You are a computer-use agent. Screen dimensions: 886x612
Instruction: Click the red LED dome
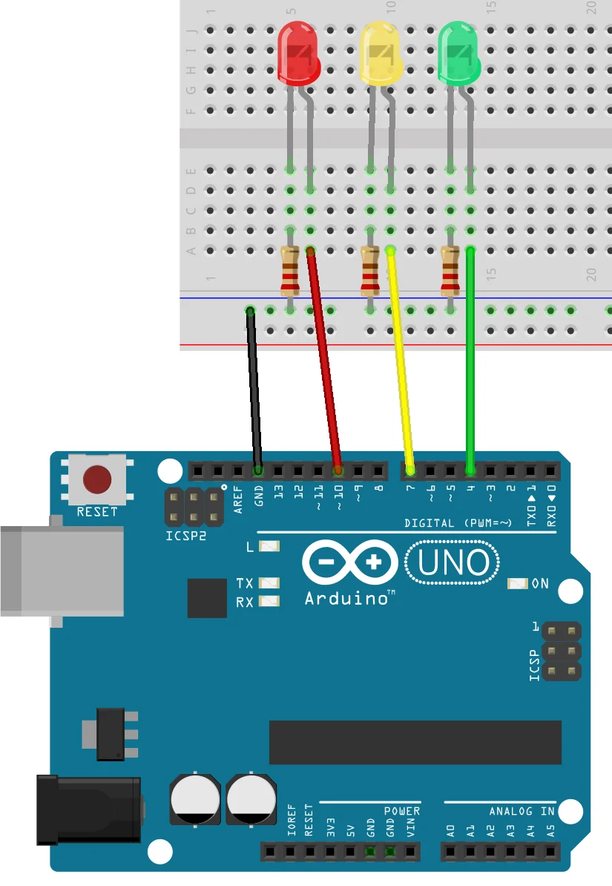coord(298,52)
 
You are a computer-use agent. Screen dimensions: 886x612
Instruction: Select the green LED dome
coord(460,52)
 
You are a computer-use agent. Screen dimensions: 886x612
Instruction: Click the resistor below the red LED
coord(290,270)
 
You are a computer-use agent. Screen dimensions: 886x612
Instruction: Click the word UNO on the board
coord(453,563)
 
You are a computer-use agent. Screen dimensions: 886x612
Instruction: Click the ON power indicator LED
coord(518,584)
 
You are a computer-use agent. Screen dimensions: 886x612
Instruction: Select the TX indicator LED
coord(269,583)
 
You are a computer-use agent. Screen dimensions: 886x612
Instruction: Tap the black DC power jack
coord(89,810)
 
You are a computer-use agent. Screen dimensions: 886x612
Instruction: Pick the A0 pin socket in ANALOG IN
coord(452,850)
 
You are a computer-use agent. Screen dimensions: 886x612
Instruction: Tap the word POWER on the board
coord(402,811)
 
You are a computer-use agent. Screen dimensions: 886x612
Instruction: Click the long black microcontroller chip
coord(415,741)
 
